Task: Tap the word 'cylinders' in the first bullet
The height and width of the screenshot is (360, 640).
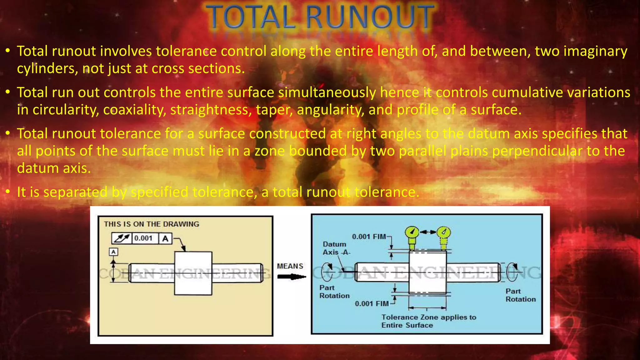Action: (x=47, y=68)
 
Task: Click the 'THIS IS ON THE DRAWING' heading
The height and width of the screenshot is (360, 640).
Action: (x=152, y=224)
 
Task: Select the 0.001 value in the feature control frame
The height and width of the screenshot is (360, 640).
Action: (x=143, y=238)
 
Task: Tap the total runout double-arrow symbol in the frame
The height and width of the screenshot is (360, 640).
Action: (x=122, y=238)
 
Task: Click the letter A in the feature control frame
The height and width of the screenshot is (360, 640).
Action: (x=165, y=238)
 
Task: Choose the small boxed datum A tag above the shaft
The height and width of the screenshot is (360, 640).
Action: (x=113, y=252)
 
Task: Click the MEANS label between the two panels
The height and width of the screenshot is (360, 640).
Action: (x=290, y=266)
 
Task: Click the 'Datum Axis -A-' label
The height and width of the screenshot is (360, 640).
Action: (x=336, y=248)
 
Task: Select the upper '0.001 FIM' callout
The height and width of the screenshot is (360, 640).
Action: (x=369, y=237)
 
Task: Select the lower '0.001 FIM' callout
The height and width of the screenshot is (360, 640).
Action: (x=372, y=303)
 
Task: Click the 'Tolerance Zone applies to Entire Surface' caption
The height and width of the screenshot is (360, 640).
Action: (x=428, y=321)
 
